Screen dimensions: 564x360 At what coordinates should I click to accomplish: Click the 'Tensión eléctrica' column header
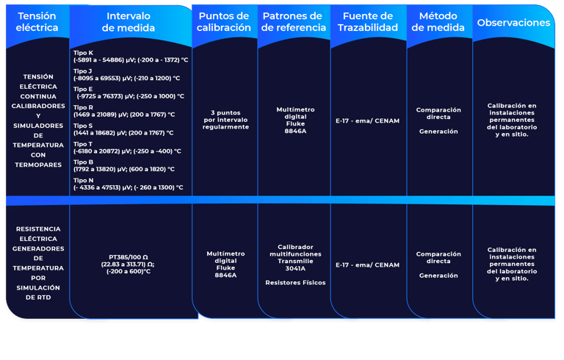(x=37, y=22)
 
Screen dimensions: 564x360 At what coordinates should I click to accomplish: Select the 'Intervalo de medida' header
(x=129, y=22)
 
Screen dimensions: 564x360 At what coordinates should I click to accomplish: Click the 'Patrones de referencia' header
(x=292, y=22)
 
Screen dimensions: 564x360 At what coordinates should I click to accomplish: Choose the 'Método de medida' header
(x=438, y=22)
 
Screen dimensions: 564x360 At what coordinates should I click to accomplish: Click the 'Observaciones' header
(x=513, y=23)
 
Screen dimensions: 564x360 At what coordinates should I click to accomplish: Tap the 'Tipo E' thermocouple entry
(x=129, y=93)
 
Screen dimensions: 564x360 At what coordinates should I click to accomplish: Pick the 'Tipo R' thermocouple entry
(x=124, y=111)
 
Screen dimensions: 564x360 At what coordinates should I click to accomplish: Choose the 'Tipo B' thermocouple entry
(x=124, y=165)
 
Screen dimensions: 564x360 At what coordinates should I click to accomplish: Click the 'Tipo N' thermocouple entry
(x=129, y=184)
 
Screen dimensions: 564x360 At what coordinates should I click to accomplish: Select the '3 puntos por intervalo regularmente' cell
(x=225, y=120)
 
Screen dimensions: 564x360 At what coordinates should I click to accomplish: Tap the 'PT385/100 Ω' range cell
(x=129, y=264)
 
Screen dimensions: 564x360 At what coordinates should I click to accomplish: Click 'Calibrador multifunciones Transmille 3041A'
(x=295, y=258)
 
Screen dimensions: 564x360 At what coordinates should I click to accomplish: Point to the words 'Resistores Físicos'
(x=295, y=282)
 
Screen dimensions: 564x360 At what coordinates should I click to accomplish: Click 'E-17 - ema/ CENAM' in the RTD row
(x=367, y=264)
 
